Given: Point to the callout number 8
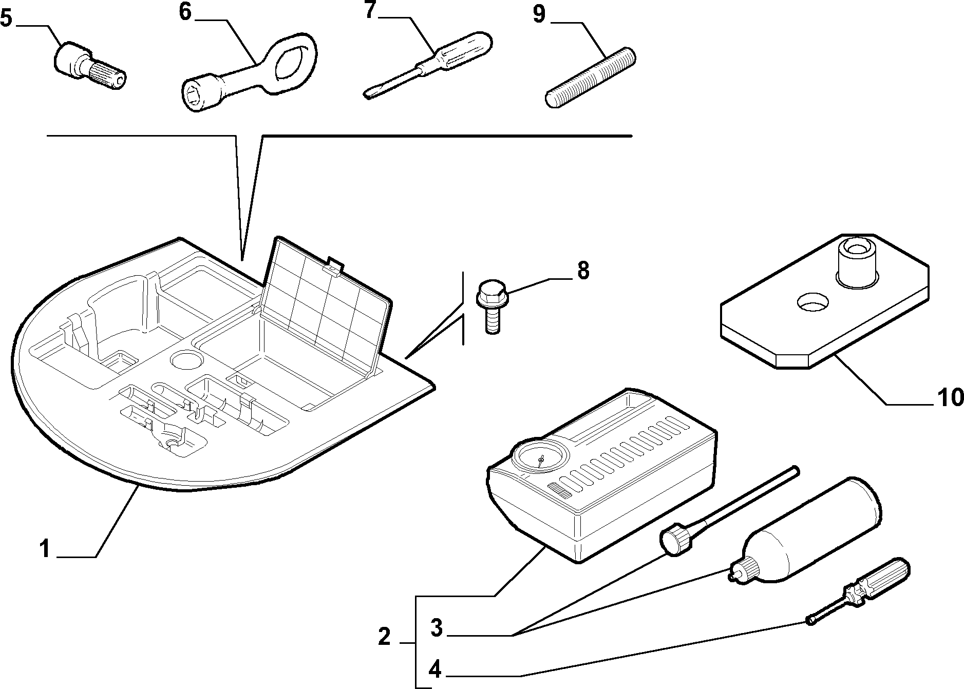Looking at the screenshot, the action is click(582, 271).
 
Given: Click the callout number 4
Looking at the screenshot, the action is click(434, 669).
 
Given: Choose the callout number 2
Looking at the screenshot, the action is click(384, 637).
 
